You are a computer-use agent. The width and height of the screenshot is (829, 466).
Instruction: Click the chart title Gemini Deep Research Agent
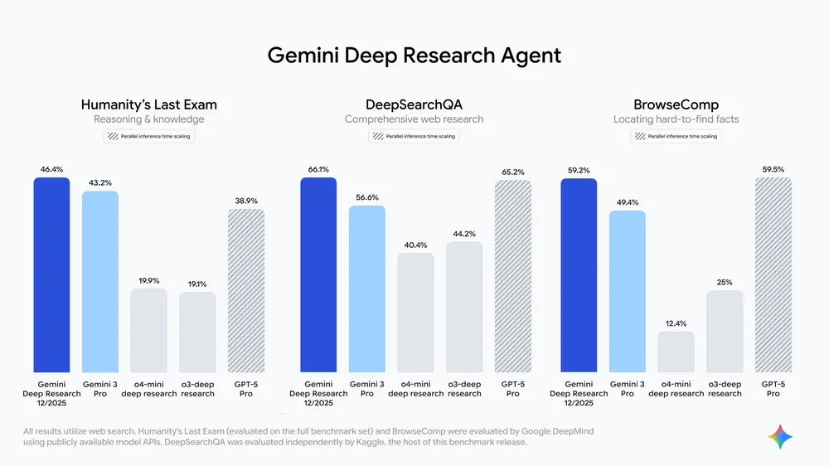coord(414,56)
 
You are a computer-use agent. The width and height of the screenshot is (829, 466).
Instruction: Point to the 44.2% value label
coord(463,234)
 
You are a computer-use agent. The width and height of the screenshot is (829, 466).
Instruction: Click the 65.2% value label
coord(512,172)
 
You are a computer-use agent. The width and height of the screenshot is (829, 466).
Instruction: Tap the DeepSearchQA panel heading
coord(414,104)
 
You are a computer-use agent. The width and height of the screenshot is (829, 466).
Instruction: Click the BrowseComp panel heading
coord(676,104)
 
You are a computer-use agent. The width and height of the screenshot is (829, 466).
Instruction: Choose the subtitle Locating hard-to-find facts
coord(676,119)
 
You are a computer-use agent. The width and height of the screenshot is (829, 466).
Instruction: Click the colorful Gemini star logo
coord(780,436)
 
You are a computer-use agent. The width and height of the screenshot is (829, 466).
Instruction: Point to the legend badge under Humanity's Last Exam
coord(149,136)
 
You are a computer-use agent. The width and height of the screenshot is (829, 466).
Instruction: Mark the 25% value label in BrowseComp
coord(724,283)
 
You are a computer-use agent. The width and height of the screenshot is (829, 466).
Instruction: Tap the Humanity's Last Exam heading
coord(149,104)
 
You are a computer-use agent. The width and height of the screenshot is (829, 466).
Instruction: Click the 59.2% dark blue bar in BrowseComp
coord(579,275)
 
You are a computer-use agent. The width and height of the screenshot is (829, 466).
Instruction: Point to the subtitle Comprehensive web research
coord(414,119)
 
